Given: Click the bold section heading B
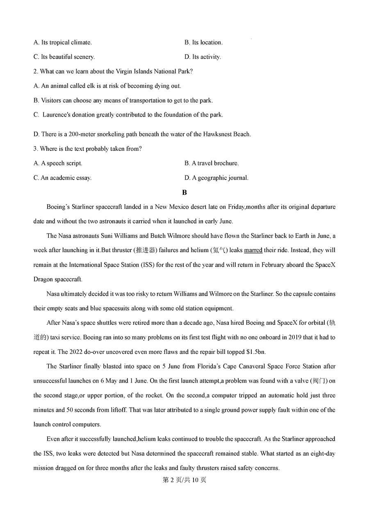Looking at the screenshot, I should coord(184,192).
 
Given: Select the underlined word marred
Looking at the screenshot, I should coord(253,250).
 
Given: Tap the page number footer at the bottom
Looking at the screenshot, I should coord(184,480).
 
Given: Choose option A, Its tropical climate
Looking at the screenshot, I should coord(63,42).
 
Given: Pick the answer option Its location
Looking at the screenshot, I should coord(204,42).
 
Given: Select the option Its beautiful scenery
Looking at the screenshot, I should coord(64,57).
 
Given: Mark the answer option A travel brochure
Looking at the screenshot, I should coord(212,163).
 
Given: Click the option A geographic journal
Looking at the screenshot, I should coord(216,178).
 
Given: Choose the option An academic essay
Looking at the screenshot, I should coord(63,178).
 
